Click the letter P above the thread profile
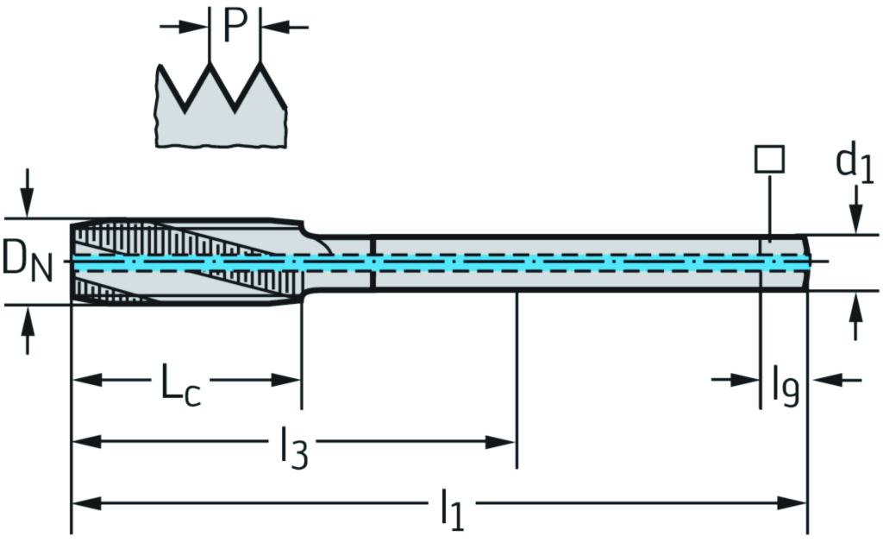point(235,26)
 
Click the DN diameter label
point(27,261)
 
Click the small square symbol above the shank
point(768,160)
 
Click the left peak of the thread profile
point(210,65)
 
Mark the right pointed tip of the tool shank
point(810,262)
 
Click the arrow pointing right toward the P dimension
point(193,27)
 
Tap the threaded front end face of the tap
point(72,262)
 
